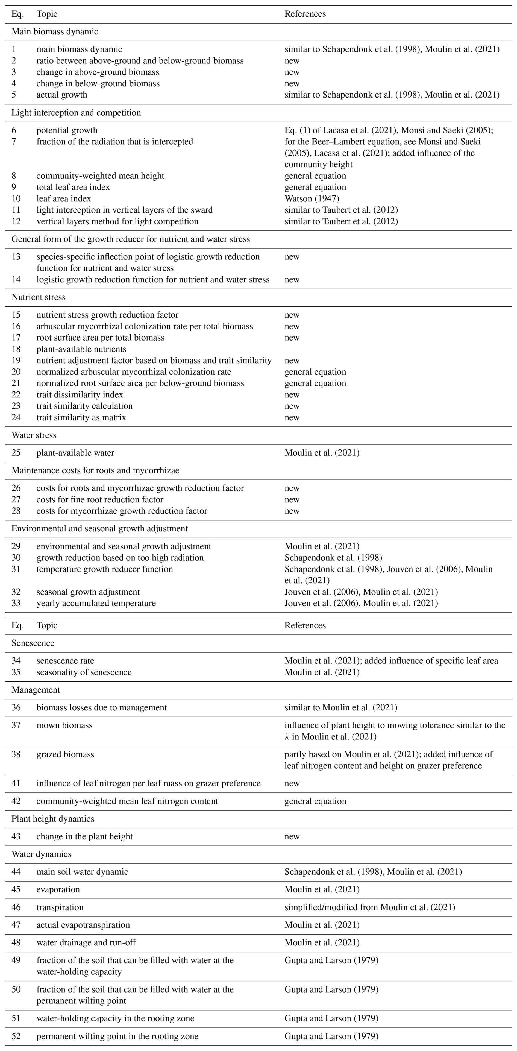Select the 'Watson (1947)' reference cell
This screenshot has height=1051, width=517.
point(312,199)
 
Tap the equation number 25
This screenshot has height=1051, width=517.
point(16,453)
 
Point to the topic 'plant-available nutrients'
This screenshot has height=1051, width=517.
point(81,349)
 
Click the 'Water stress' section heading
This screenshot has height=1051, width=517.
point(34,435)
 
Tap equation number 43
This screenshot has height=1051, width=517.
point(16,836)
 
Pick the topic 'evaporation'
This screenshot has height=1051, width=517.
point(58,889)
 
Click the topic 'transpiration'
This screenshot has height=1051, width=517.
point(60,907)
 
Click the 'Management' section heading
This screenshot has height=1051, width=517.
point(36,690)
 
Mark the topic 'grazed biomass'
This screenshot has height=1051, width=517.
point(65,754)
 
